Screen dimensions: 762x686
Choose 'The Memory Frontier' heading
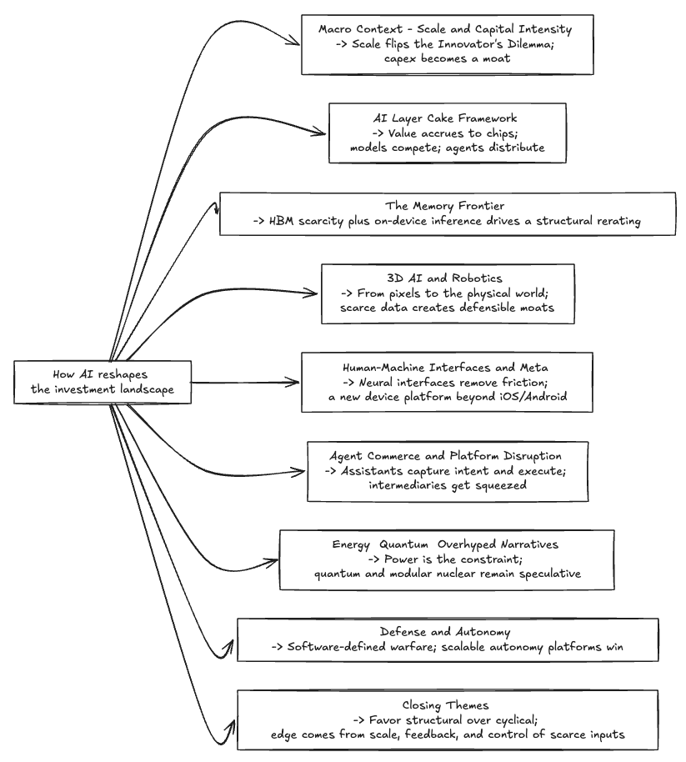(445, 206)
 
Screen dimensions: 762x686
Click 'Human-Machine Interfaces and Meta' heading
(447, 367)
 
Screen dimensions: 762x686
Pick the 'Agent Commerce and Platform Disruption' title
(446, 456)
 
